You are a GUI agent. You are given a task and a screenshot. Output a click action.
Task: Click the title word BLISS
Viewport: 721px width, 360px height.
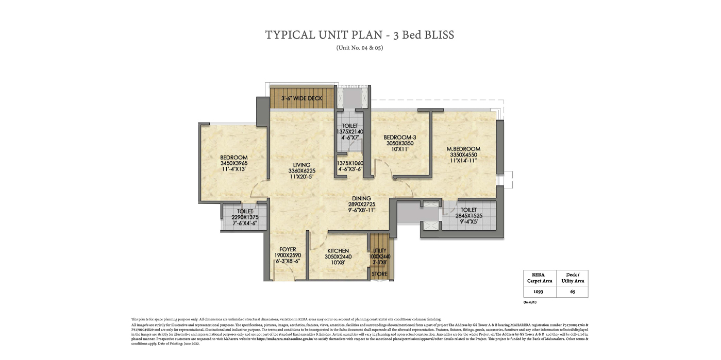click(x=437, y=35)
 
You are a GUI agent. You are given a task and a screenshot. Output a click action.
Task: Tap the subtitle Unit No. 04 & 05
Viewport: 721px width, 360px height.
click(x=360, y=48)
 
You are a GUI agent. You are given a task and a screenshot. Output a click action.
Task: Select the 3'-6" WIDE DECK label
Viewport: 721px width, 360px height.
click(x=301, y=98)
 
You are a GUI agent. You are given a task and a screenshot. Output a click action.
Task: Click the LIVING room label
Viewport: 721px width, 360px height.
click(x=302, y=165)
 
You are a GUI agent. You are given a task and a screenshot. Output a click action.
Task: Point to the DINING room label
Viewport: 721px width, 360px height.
click(x=361, y=198)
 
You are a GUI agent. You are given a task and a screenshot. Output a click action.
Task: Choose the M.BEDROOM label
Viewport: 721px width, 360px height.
click(x=463, y=149)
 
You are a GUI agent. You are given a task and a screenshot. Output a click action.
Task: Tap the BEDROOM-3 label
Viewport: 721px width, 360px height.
click(x=399, y=138)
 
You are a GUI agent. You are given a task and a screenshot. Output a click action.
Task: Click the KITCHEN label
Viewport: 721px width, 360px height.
click(x=338, y=251)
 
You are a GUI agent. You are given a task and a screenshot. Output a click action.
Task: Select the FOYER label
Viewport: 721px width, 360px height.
click(x=288, y=249)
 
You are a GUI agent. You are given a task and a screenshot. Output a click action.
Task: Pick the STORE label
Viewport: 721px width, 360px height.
click(x=380, y=275)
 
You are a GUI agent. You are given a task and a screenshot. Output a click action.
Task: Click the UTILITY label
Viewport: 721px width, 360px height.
click(x=380, y=250)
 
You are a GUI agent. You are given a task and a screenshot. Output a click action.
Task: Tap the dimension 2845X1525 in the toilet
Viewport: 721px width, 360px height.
click(x=468, y=216)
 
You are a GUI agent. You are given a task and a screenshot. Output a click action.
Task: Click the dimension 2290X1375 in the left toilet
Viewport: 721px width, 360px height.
click(x=245, y=217)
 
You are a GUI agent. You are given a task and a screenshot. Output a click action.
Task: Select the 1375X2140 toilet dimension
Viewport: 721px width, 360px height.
click(x=350, y=132)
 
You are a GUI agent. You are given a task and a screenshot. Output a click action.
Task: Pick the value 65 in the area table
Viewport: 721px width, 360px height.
click(x=572, y=292)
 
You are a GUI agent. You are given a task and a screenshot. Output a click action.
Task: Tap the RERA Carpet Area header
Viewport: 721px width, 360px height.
click(x=540, y=278)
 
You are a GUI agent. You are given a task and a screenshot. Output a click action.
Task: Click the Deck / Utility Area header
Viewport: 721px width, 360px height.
click(x=572, y=278)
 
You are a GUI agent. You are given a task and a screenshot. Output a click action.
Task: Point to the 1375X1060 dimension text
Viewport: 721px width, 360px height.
click(x=350, y=163)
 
